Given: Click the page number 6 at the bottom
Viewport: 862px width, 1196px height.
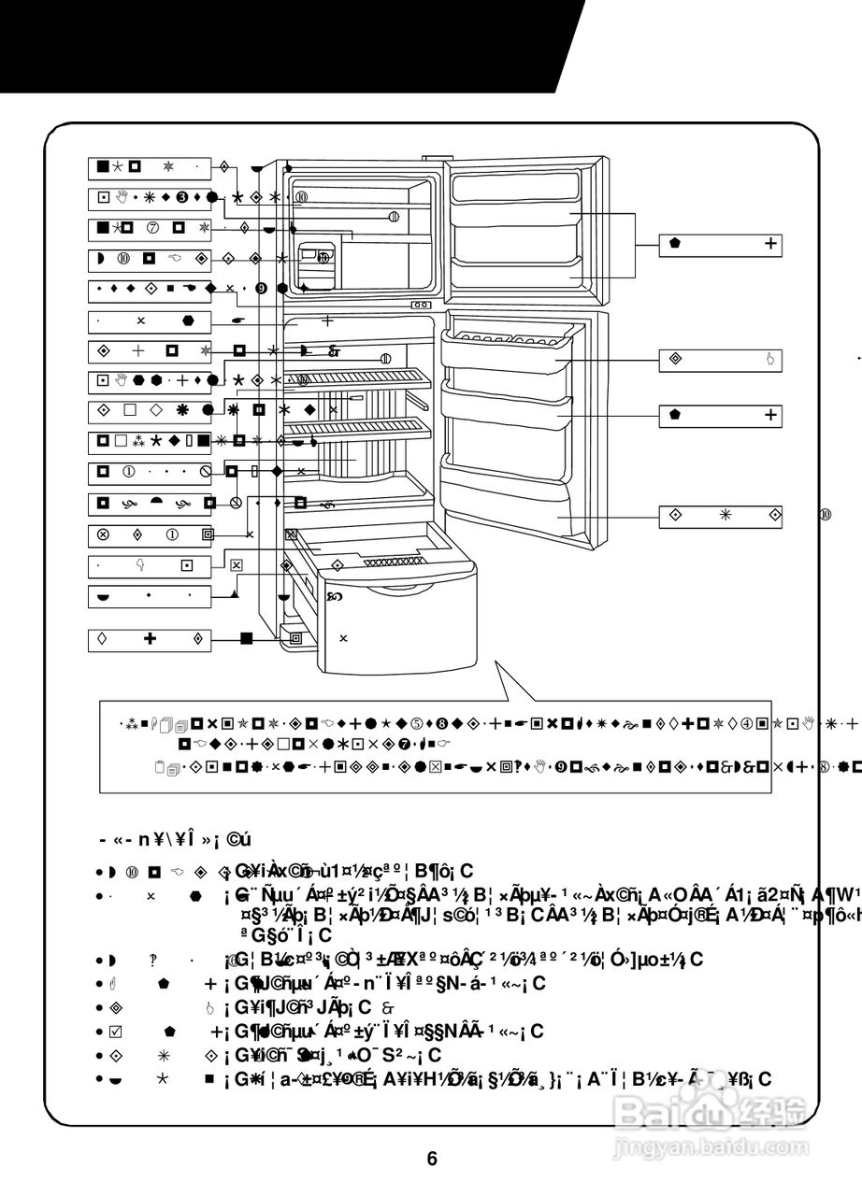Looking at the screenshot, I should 432,1159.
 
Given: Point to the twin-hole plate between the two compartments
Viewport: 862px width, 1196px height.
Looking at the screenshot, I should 421,305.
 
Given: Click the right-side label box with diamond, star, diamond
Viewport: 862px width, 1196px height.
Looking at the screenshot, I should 720,515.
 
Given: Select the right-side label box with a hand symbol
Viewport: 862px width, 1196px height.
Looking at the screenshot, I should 720,359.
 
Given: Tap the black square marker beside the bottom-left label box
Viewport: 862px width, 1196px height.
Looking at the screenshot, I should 247,639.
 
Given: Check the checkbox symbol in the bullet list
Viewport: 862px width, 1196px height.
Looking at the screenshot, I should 116,1032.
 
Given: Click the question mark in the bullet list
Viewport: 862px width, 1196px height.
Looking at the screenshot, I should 151,960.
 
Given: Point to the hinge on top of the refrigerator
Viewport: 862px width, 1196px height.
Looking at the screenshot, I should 430,158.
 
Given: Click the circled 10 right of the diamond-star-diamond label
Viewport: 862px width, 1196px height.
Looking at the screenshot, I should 826,515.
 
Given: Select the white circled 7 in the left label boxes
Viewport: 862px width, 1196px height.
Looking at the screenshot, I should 152,228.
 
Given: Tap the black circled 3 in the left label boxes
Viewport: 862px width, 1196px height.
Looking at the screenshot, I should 182,197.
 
